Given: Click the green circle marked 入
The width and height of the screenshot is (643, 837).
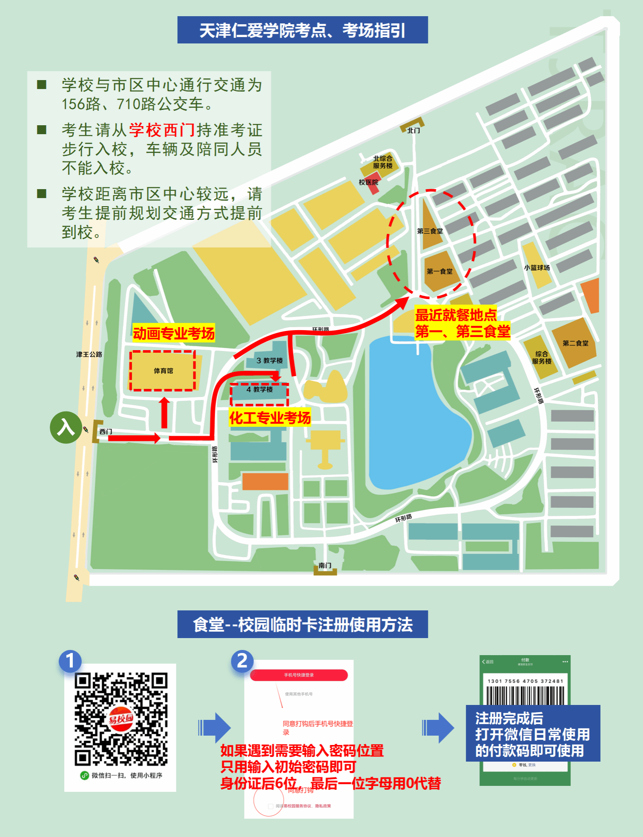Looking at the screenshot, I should (x=66, y=427).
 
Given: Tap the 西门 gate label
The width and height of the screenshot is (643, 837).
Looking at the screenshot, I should (x=106, y=431).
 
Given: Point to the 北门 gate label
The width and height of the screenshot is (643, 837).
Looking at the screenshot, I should (x=413, y=130).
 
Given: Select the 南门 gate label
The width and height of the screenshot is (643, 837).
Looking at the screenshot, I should (x=325, y=565).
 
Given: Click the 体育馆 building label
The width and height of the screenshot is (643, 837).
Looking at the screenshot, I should (x=164, y=371).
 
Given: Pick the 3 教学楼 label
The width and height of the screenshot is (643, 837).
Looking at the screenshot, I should (x=270, y=360).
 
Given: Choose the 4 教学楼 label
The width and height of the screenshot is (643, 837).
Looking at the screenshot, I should (x=259, y=389).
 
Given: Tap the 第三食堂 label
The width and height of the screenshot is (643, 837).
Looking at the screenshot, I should (x=430, y=231).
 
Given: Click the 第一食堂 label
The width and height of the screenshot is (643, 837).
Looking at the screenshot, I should (x=439, y=271).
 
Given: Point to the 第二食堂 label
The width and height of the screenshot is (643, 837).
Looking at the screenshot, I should (x=575, y=343).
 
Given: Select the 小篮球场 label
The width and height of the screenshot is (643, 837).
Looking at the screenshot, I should (x=537, y=267).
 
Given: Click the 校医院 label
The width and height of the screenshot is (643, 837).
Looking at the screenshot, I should (x=368, y=182).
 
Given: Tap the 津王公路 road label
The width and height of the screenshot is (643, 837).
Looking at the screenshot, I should (x=89, y=354).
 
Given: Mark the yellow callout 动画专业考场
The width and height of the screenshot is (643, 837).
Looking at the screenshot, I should (x=174, y=333).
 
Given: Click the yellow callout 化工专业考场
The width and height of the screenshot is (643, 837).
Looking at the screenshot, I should (x=270, y=418).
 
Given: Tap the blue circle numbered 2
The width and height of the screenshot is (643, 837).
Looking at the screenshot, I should (x=242, y=661).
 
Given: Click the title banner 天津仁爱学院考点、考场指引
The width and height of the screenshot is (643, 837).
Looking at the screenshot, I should (x=302, y=30).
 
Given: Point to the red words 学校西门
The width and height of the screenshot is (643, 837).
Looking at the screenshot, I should (x=162, y=130).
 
